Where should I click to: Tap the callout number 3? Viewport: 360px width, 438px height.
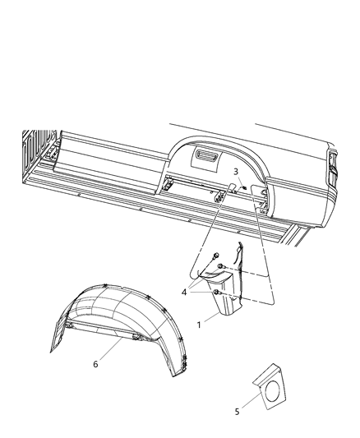click(x=235, y=172)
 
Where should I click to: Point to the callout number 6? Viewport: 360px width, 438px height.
click(x=95, y=365)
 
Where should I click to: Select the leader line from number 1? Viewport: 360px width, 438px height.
click(x=211, y=318)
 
